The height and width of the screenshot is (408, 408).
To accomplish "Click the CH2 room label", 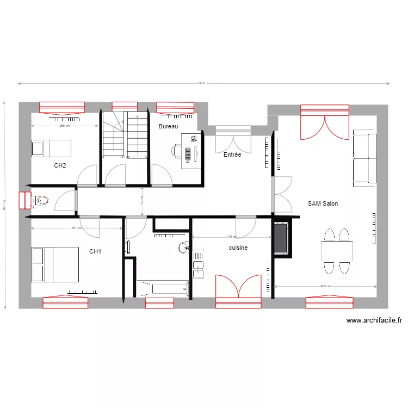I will coord(60,165).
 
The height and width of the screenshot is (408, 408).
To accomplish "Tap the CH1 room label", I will coord(95,251).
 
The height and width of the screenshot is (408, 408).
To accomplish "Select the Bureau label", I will coord(168,126).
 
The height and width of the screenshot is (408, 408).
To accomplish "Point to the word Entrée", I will coord(232,154).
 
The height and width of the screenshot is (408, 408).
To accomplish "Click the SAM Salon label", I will coord(323,203).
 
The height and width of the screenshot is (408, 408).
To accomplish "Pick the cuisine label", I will coord(238,248).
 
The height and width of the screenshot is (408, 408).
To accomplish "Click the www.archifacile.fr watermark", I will coord(374,321).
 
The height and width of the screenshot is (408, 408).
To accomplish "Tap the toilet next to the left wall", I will coord(41,201).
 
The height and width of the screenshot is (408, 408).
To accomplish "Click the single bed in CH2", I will coord(51,147).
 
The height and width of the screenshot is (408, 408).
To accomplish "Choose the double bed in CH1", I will coord(55,265).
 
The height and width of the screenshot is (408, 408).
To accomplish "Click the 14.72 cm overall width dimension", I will coord(203,83).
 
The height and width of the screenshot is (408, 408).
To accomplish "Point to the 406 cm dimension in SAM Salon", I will coord(325,286).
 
